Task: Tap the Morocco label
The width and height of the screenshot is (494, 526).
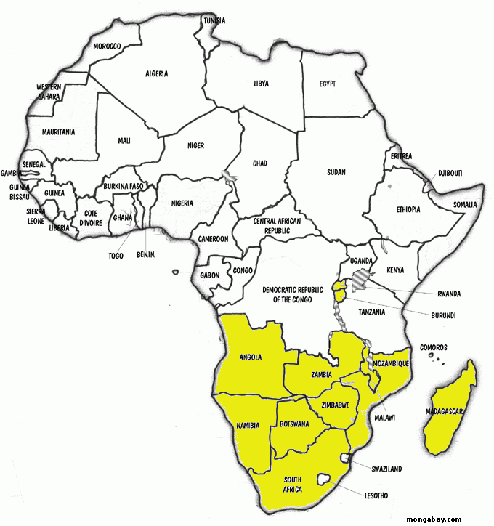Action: pos(107,47)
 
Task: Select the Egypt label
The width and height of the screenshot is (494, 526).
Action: pos(327,84)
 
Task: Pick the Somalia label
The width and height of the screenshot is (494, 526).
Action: pos(465,205)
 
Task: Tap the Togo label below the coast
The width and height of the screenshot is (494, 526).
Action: pos(116,256)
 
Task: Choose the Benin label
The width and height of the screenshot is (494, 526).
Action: pos(146,256)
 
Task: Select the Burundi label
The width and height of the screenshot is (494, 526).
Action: pos(442,316)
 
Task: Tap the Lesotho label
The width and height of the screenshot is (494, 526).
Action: pos(373,495)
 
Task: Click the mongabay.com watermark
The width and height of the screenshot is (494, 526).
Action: pos(434,519)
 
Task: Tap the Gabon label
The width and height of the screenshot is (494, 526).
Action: pos(210,275)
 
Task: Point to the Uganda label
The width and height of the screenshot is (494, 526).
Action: pos(360,260)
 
